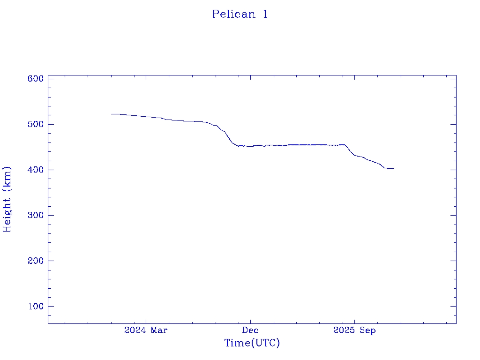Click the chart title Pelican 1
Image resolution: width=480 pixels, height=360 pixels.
[x=240, y=14]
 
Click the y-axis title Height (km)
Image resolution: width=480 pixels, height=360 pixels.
[x=7, y=199]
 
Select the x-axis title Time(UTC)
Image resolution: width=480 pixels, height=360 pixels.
[x=252, y=343]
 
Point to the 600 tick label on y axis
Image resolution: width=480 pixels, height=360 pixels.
[x=35, y=79]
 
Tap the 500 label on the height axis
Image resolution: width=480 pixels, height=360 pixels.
[x=35, y=124]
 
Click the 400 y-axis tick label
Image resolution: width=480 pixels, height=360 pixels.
[x=35, y=170]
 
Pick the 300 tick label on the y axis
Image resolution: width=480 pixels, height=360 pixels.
[x=35, y=215]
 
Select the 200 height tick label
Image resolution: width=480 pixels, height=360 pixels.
[x=35, y=261]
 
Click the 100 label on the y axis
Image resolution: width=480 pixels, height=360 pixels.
[x=35, y=306]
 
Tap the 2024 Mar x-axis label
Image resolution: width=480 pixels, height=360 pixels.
[x=146, y=330]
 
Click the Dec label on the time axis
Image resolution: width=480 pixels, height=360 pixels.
[x=250, y=330]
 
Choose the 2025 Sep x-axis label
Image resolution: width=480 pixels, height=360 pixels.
[x=354, y=330]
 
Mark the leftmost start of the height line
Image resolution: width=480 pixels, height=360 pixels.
[x=112, y=114]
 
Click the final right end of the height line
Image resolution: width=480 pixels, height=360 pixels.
[x=394, y=168]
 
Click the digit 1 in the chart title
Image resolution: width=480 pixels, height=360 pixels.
[x=265, y=14]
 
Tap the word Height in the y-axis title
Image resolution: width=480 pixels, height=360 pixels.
[x=7, y=213]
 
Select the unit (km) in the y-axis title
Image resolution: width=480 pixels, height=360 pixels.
[x=7, y=177]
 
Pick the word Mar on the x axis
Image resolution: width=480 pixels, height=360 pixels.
[x=159, y=330]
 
